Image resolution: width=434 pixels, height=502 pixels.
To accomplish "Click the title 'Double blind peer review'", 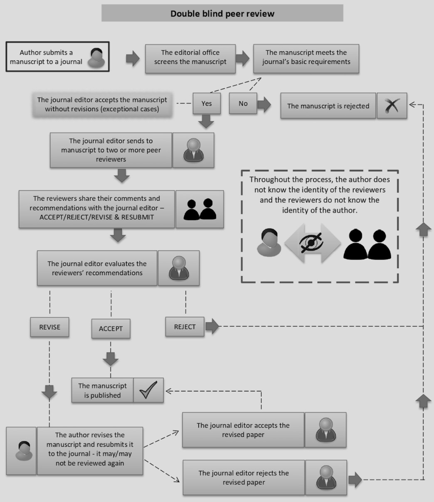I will tap(222, 13).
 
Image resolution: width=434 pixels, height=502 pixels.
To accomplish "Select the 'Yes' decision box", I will tap(207, 103).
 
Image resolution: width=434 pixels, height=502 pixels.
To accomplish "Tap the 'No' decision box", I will tap(243, 103).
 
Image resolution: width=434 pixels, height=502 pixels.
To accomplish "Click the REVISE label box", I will tap(49, 327).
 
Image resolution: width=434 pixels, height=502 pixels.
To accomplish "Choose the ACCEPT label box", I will tap(111, 329).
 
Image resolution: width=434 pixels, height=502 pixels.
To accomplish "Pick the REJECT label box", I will tap(185, 327).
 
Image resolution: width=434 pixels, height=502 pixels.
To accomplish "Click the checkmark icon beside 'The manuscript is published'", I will tap(148, 390).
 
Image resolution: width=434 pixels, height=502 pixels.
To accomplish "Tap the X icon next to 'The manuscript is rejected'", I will tap(392, 106).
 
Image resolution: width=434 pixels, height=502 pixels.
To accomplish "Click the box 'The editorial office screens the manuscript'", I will tap(190, 57).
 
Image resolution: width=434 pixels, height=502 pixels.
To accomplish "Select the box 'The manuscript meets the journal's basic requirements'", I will tap(306, 57).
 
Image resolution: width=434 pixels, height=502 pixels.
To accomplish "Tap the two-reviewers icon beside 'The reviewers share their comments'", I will tap(200, 209).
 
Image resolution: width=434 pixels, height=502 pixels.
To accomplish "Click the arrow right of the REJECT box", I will tap(212, 326).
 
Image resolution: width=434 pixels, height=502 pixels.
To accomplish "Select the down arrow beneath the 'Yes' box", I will tap(206, 121).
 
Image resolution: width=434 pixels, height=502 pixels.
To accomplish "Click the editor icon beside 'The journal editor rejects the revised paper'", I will tap(325, 477).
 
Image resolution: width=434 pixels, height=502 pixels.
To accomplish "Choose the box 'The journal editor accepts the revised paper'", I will tap(243, 430).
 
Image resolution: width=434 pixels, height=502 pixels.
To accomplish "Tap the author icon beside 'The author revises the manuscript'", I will tap(22, 450).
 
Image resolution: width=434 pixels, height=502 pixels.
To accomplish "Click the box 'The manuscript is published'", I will tap(102, 390).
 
